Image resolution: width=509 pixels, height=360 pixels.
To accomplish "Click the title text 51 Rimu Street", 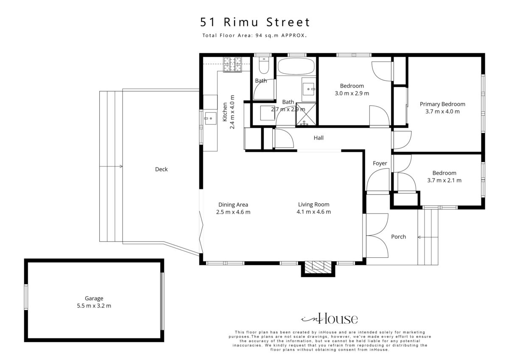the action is click(x=255, y=22).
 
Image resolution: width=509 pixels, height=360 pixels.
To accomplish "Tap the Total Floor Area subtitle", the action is click(x=255, y=36).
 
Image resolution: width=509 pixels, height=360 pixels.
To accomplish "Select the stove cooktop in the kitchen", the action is click(x=232, y=65).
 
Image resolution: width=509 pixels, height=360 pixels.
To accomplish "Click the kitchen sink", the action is click(x=211, y=118).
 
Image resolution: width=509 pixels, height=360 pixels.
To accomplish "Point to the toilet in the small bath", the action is click(x=264, y=65).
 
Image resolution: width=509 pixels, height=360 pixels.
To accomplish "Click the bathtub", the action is click(x=296, y=66).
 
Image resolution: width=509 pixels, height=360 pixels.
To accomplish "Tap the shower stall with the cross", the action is click(x=306, y=114).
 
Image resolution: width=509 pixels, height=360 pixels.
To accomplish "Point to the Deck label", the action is click(x=161, y=169).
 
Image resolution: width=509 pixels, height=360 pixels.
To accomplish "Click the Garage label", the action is click(x=94, y=298).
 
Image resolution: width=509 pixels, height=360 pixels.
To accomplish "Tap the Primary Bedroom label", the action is click(x=442, y=104).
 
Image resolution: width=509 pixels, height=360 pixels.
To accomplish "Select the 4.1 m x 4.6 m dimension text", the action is click(x=313, y=212).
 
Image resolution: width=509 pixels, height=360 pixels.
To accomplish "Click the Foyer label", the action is click(x=380, y=163).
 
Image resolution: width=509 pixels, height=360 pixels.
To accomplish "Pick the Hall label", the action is click(x=319, y=138).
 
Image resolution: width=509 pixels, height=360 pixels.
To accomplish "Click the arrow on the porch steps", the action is click(x=428, y=237).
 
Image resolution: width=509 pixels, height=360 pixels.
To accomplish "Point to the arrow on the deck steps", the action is click(x=111, y=166).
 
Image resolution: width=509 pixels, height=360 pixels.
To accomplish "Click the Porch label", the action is click(x=399, y=237).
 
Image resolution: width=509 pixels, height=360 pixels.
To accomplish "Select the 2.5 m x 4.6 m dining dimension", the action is click(x=233, y=212).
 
